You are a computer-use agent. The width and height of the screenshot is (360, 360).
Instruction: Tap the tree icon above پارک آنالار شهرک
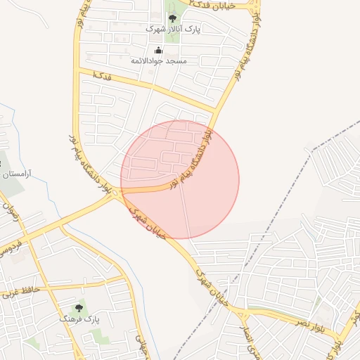(173, 18)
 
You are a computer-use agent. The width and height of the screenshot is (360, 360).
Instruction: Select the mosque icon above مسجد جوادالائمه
(158, 50)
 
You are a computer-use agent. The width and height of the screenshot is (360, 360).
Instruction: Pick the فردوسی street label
(14, 247)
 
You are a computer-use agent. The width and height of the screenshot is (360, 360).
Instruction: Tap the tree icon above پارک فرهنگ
(79, 308)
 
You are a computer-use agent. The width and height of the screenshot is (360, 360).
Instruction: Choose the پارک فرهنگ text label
(85, 319)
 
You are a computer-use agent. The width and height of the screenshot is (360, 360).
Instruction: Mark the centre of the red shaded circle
(180, 179)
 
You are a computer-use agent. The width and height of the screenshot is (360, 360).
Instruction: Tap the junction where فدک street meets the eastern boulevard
(214, 110)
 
